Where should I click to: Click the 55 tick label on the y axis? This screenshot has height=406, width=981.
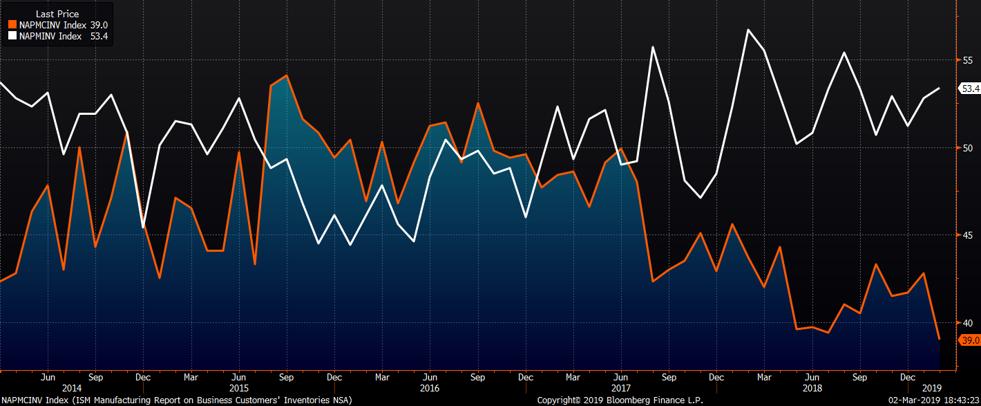[x=967, y=60]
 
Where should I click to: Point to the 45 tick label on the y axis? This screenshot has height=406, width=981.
[x=967, y=235]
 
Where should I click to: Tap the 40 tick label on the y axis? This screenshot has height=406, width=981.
[x=967, y=323]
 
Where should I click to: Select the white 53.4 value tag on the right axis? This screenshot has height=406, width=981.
[x=971, y=89]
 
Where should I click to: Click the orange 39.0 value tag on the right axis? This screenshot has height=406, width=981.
[x=970, y=340]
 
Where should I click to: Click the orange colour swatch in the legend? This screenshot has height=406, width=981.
[x=12, y=25]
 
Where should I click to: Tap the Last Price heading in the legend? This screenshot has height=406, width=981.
[x=57, y=14]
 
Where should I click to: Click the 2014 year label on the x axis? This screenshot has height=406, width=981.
[x=72, y=389]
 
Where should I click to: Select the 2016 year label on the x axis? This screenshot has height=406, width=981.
[x=430, y=389]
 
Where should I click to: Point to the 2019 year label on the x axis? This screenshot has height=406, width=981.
[x=932, y=389]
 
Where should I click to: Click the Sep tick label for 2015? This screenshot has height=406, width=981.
[x=286, y=378]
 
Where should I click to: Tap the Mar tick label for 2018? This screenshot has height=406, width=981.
[x=764, y=378]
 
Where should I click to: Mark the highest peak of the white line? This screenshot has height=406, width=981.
[x=748, y=30]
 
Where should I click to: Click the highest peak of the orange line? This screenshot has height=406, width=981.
[x=287, y=75]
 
